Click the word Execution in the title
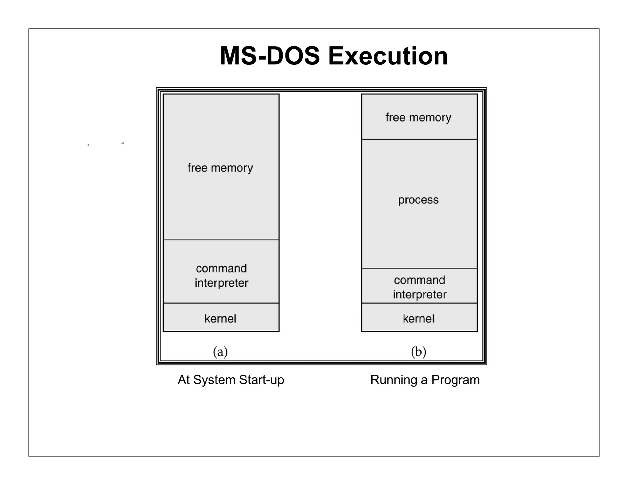pos(388,56)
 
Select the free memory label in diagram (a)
pos(220,168)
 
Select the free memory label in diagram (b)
pos(418,117)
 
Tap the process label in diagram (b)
pos(418,200)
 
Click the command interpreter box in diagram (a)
pos(221,272)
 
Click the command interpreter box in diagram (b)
pos(419,286)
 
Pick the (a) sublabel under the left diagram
pos(220,352)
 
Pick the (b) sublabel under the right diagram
pos(419,352)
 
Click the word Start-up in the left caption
pos(262,380)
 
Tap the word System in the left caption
pos(214,380)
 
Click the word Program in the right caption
pos(455,380)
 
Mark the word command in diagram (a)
pos(221,268)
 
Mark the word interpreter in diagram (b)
pos(420,295)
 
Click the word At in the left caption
pos(184,380)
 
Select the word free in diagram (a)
pos(197,168)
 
